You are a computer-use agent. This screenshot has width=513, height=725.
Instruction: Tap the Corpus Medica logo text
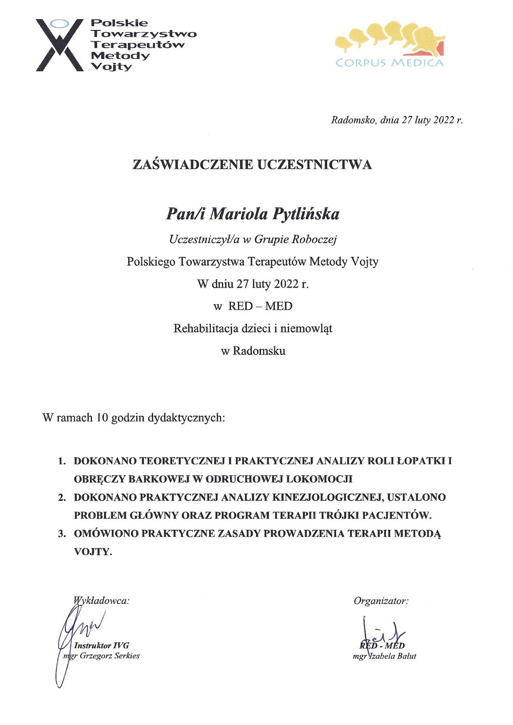(x=389, y=63)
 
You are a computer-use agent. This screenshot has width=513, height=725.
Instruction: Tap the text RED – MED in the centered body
(x=260, y=306)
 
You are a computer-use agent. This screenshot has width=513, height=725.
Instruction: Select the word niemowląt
(x=308, y=329)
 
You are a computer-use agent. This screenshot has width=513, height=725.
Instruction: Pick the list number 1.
(x=61, y=461)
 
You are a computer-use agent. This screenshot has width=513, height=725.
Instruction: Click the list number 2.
(x=61, y=497)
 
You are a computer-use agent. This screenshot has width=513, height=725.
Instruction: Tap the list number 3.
(x=61, y=534)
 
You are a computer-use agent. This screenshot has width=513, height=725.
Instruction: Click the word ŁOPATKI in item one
(x=420, y=461)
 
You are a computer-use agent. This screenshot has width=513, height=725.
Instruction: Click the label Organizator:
(x=381, y=601)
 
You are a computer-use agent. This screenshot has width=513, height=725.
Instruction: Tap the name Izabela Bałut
(x=392, y=656)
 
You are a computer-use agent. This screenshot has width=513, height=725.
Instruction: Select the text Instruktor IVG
(x=102, y=645)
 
